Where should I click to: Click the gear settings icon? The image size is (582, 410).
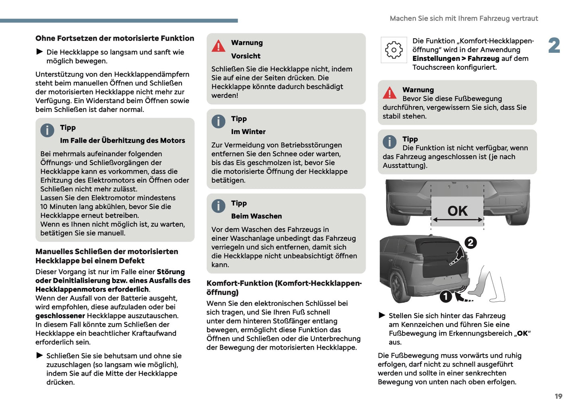tap(394, 50)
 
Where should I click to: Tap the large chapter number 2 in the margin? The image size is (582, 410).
tap(554, 46)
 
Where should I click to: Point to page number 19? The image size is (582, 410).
tap(558, 396)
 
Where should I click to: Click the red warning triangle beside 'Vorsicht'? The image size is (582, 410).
tap(218, 46)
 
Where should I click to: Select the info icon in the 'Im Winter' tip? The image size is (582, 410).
tap(218, 121)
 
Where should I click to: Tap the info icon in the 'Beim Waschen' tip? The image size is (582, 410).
tap(218, 206)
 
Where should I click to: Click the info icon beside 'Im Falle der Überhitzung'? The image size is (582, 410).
tap(47, 130)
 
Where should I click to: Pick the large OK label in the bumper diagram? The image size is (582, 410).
tap(458, 211)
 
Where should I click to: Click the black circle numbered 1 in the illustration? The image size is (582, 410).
tap(445, 296)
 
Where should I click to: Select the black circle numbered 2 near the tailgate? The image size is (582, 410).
tap(470, 243)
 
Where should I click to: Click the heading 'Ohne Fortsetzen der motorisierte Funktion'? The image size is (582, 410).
tap(115, 38)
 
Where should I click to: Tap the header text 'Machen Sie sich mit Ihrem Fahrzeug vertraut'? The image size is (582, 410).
tap(464, 19)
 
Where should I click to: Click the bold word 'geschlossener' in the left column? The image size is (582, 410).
tap(60, 316)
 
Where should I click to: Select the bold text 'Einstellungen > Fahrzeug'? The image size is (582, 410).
tap(456, 59)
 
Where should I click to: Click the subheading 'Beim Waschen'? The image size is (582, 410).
tap(256, 216)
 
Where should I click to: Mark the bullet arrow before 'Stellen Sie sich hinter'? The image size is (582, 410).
tap(382, 315)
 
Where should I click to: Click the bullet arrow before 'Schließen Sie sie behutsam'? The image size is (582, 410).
tap(39, 355)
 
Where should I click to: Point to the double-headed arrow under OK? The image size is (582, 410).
tap(457, 220)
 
